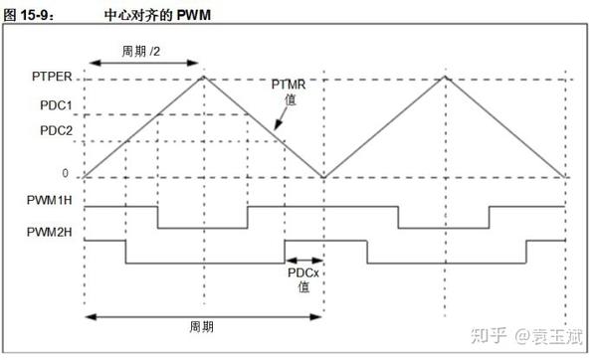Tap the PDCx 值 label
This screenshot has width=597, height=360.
[303, 278]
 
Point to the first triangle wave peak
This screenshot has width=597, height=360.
[204, 77]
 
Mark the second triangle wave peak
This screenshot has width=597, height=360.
[445, 77]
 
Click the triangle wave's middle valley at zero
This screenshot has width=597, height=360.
[324, 177]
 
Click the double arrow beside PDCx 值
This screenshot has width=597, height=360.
[303, 261]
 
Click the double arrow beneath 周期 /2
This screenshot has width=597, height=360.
[144, 63]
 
